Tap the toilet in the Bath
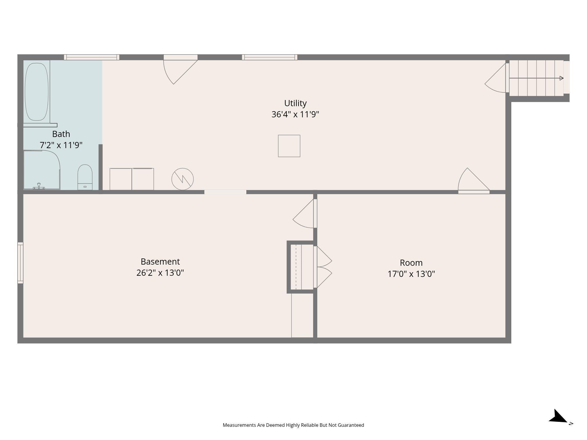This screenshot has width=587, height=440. click(x=85, y=177)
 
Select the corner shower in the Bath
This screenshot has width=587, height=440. click(x=42, y=170)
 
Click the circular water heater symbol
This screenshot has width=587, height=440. click(x=183, y=179)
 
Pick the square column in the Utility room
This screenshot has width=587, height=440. click(x=289, y=146)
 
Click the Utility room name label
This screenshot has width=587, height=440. click(x=295, y=103)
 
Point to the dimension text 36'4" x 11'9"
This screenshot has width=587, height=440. click(x=295, y=114)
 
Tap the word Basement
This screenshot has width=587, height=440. click(x=160, y=261)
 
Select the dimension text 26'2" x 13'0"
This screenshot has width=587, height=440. click(x=160, y=273)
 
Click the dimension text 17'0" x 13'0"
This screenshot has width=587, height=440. click(x=411, y=274)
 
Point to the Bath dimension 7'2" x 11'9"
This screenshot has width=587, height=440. click(x=61, y=145)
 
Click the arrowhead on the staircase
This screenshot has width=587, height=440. click(x=561, y=78)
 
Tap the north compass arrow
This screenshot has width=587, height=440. click(x=558, y=416)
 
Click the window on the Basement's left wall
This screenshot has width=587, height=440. click(x=20, y=263)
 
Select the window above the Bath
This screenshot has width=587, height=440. click(x=92, y=57)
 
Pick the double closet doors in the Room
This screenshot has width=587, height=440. click(x=323, y=267)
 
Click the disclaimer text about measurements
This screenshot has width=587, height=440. click(x=293, y=425)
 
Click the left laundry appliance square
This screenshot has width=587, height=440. click(x=121, y=179)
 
